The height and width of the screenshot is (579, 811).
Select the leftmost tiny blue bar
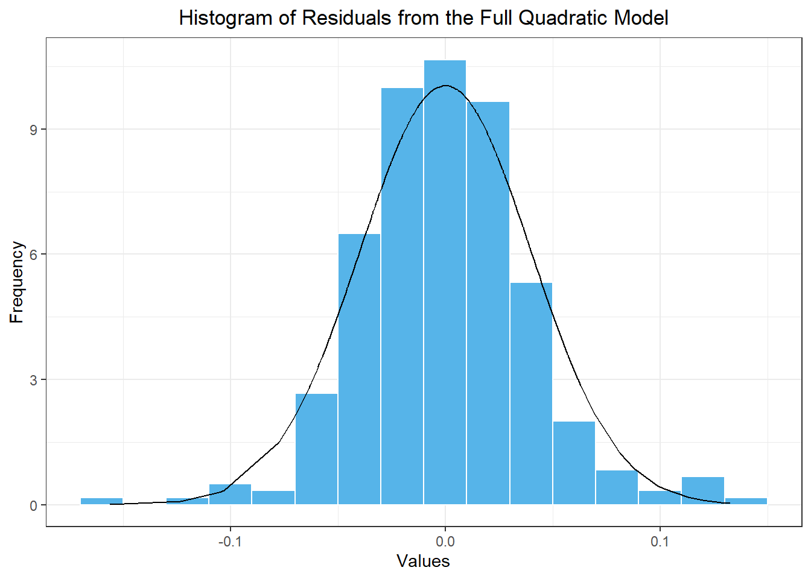[101, 501]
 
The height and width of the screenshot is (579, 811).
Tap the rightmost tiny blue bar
[746, 501]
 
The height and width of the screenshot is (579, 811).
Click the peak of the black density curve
[445, 86]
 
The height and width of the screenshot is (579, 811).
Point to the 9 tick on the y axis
[34, 130]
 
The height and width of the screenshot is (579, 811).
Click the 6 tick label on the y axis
[34, 255]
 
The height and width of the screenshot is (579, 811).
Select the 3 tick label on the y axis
[34, 380]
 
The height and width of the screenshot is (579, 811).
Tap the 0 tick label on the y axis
[34, 505]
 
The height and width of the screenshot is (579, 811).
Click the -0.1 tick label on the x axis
[229, 542]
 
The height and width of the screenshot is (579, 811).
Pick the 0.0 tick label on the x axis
[445, 542]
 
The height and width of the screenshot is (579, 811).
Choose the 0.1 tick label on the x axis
[660, 542]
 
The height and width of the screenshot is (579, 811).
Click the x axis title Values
[423, 562]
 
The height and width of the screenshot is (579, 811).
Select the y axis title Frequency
[16, 282]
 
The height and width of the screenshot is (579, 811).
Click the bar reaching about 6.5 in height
[359, 369]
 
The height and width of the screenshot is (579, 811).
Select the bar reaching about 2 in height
[574, 463]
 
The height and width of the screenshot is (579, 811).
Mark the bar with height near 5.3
[531, 393]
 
